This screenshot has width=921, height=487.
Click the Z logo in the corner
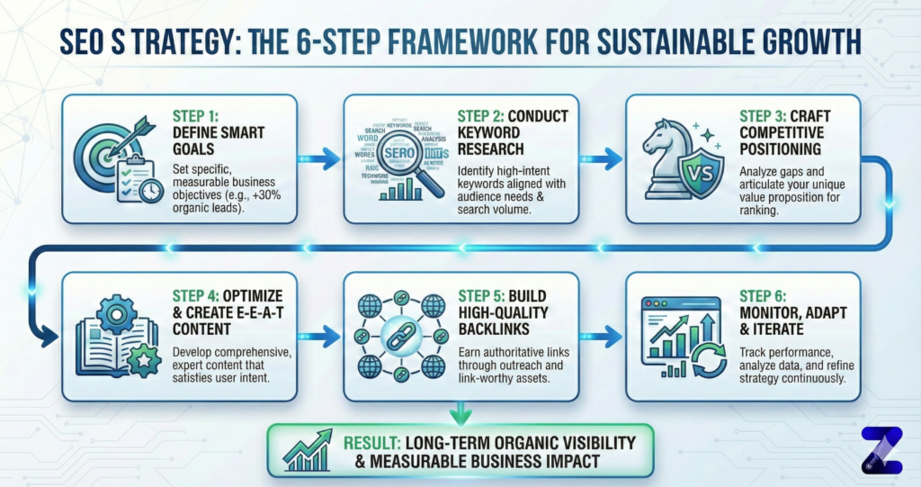(x=881, y=449)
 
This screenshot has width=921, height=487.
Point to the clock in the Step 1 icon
(x=151, y=191)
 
